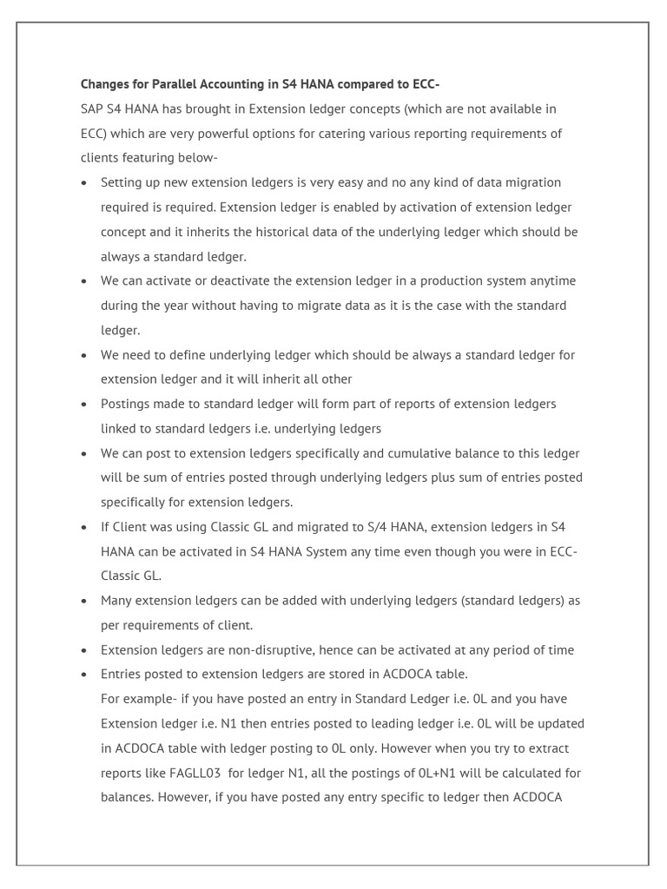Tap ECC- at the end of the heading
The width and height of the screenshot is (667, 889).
pyautogui.click(x=427, y=84)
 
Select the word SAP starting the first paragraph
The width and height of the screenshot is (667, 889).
pyautogui.click(x=93, y=109)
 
